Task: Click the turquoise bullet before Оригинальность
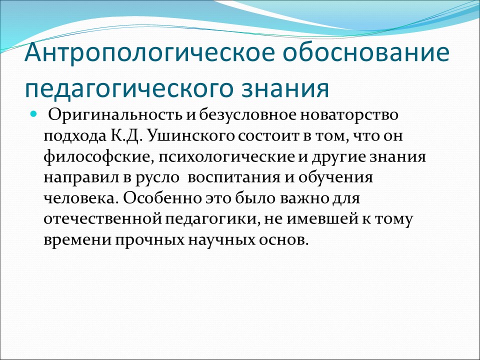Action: coord(34,114)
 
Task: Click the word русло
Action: coord(165,178)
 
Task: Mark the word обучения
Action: coord(338,178)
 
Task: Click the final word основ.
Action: coord(286,240)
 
